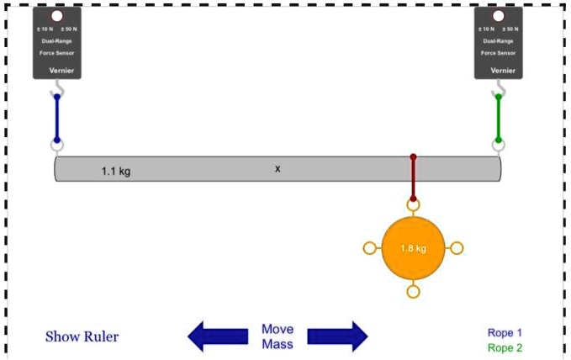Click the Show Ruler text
point(82,337)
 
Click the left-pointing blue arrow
point(217,336)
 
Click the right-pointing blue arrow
point(337,336)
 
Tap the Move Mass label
point(277,336)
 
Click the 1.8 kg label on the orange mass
point(412,249)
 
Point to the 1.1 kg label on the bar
point(116,172)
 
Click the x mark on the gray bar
point(278,168)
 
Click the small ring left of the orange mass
point(369,248)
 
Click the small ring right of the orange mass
point(457,248)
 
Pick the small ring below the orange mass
point(413,292)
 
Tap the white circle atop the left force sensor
point(56,16)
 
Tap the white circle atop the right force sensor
point(498,16)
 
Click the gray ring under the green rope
point(498,146)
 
